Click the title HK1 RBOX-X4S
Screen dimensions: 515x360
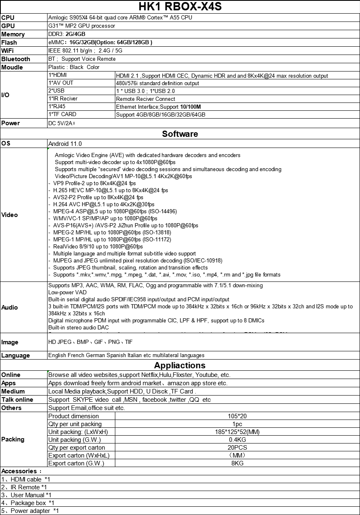(x=180, y=7)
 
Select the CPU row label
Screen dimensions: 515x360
(x=8, y=18)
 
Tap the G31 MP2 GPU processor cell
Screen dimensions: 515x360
(x=81, y=26)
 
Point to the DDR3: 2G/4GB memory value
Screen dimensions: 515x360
(x=67, y=34)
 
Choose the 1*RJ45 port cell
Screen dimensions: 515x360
(x=57, y=107)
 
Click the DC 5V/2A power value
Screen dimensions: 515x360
(x=61, y=123)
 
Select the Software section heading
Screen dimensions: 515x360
(x=180, y=134)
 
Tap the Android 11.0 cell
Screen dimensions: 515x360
(x=65, y=144)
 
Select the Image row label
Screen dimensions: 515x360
(x=10, y=342)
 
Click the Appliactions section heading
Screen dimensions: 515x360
(x=180, y=365)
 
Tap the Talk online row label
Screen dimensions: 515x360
(x=17, y=400)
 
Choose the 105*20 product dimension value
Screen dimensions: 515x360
(x=237, y=416)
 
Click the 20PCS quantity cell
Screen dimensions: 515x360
(x=237, y=448)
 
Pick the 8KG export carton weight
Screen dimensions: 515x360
(x=237, y=463)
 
